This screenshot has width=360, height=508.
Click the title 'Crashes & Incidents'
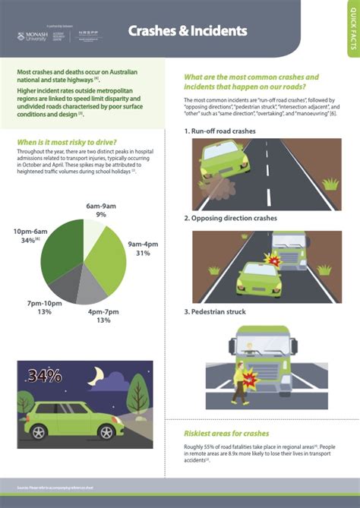pyautogui.click(x=187, y=31)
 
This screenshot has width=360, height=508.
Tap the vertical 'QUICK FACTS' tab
pyautogui.click(x=352, y=30)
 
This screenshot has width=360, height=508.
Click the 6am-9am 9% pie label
pyautogui.click(x=100, y=210)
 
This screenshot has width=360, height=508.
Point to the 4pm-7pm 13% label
pyautogui.click(x=103, y=316)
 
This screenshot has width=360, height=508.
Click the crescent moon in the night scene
pyautogui.click(x=96, y=377)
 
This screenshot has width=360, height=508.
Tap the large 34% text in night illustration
pyautogui.click(x=45, y=376)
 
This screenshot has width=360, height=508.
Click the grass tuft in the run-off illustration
pyautogui.click(x=330, y=184)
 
